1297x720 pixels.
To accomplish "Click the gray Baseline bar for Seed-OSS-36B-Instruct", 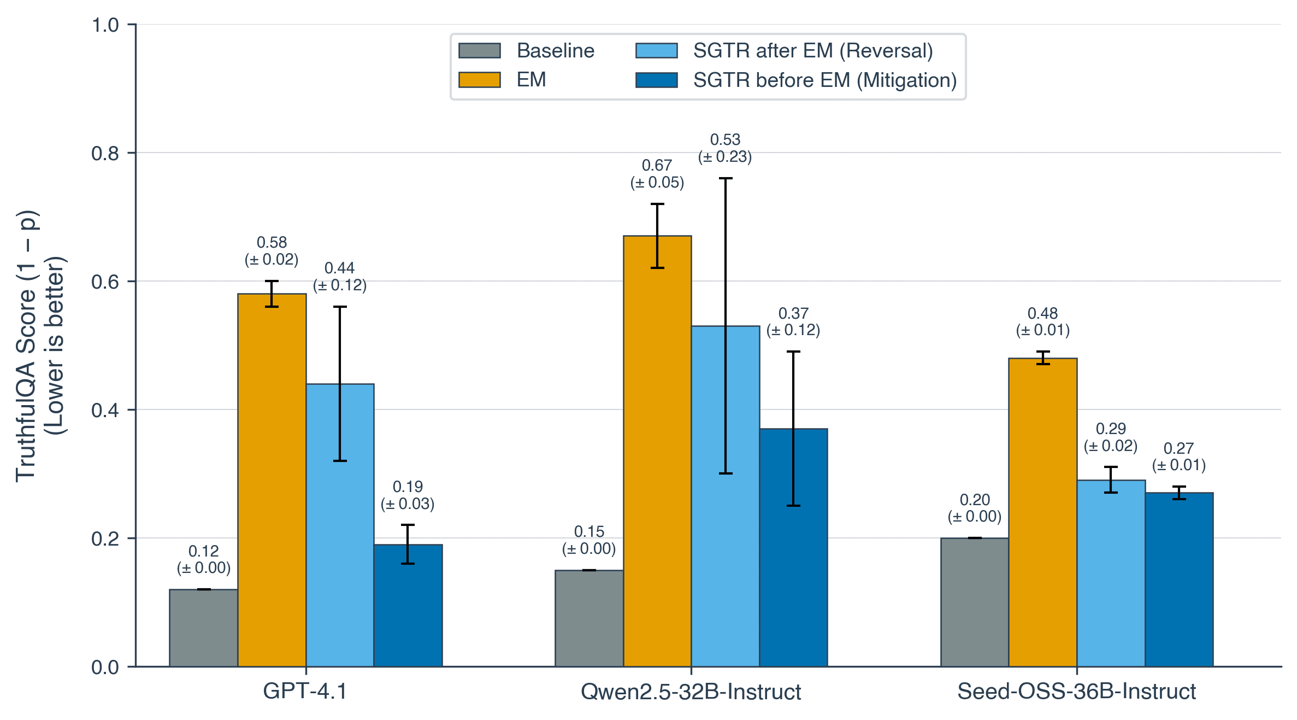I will click(975, 602).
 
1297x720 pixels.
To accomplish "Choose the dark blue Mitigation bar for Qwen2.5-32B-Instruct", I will click(793, 547).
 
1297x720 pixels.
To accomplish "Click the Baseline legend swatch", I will click(480, 51).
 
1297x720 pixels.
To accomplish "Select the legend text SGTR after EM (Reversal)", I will click(813, 51).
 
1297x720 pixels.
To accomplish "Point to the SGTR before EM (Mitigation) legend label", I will click(825, 80).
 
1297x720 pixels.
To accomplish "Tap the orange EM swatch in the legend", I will click(480, 80).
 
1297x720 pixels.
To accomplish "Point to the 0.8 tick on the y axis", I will click(105, 154).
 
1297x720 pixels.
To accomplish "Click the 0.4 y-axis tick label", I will click(105, 410).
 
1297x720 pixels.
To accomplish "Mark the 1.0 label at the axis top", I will click(105, 25).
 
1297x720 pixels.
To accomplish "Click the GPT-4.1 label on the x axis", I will click(305, 692).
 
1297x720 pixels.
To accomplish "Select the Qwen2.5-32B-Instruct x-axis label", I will click(691, 692).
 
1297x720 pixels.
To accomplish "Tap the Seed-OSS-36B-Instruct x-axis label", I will click(1076, 692).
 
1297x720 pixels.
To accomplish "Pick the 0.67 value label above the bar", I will click(657, 166).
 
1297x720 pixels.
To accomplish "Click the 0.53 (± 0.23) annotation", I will click(725, 148).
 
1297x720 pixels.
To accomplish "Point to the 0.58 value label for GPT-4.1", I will click(272, 243).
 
